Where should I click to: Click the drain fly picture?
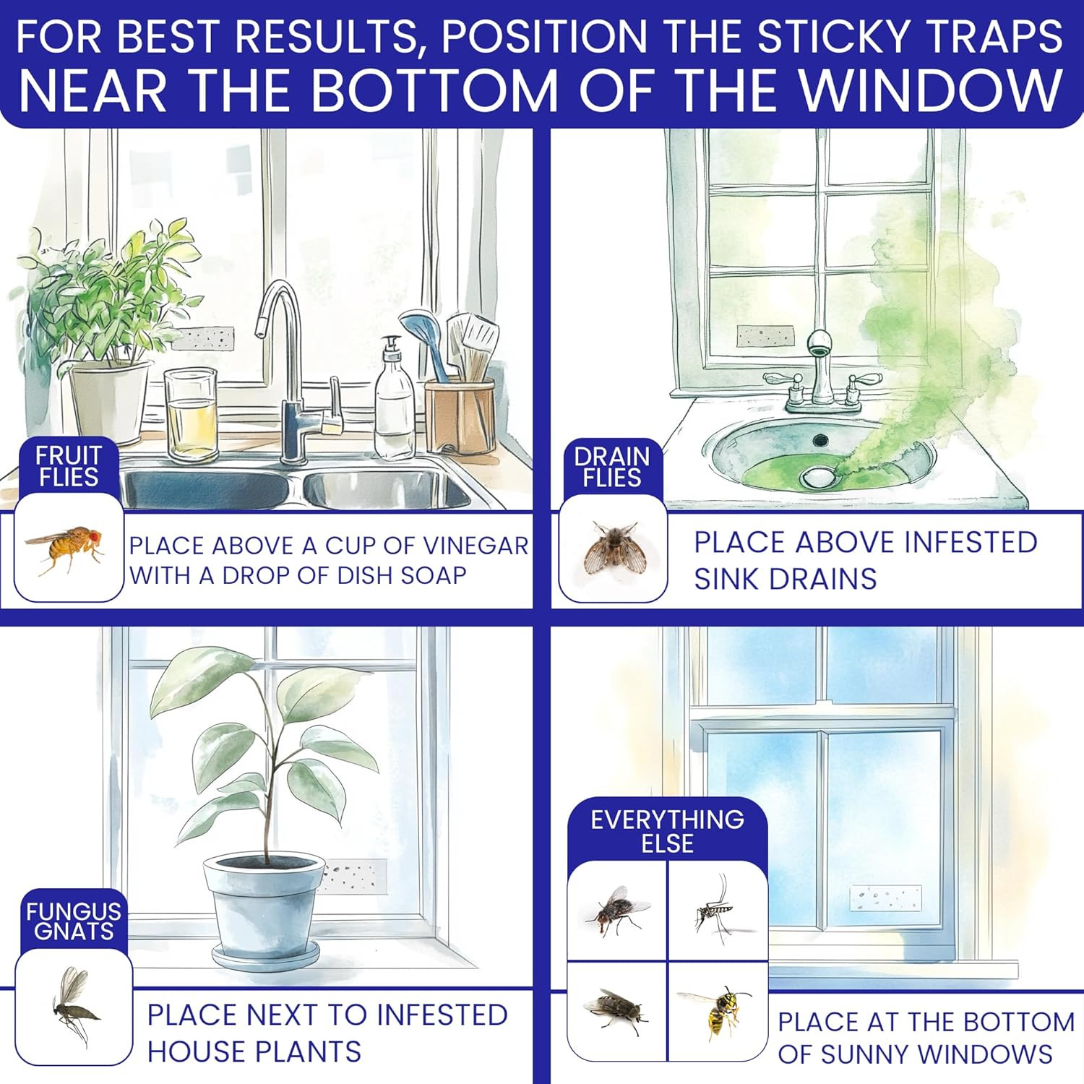click(612, 548)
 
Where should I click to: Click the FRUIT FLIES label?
click(69, 466)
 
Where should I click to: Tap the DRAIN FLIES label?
click(612, 467)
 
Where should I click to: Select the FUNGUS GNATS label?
click(73, 921)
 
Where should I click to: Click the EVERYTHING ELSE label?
click(667, 831)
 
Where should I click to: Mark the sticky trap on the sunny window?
click(885, 898)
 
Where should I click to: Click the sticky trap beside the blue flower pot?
click(354, 877)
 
